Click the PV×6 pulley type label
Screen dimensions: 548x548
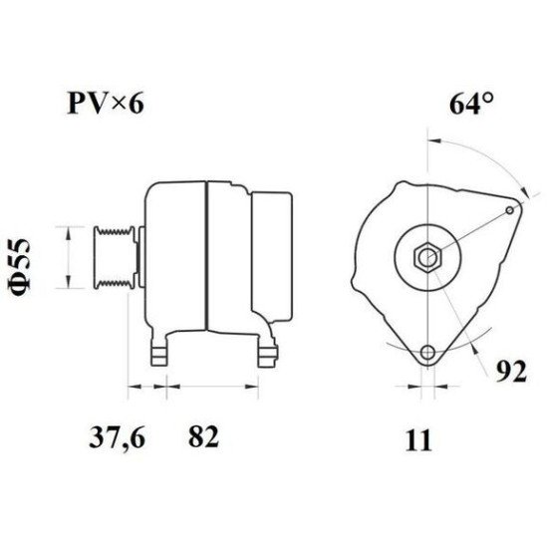coord(106,103)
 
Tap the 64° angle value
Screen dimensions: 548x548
coord(471,104)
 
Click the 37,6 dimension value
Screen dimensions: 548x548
coord(117,436)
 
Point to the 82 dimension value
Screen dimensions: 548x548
coord(203,436)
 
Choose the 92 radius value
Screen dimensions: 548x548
coord(511,372)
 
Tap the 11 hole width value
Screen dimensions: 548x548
coord(418,440)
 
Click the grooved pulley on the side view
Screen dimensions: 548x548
coord(115,258)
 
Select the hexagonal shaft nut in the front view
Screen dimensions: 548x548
coord(427,257)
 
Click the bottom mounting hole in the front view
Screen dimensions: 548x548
coord(427,352)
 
